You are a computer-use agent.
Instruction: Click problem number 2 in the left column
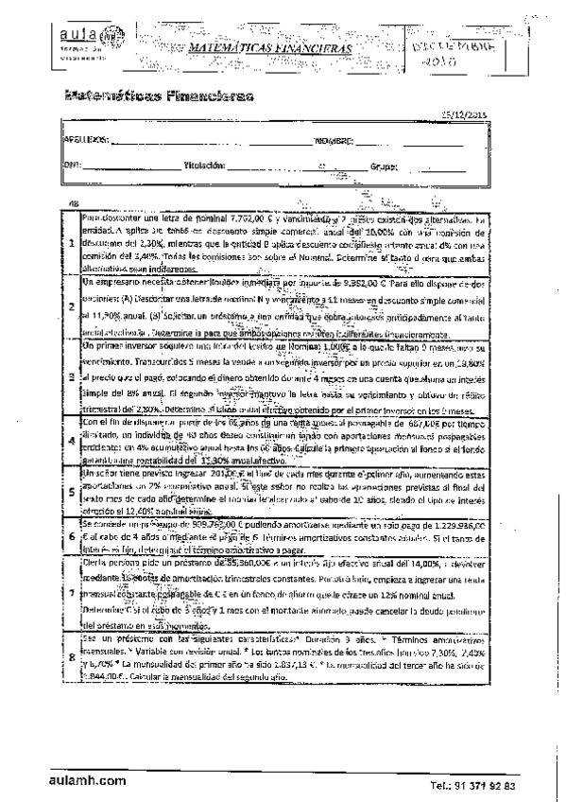[x=72, y=306]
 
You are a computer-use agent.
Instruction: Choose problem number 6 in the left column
[x=72, y=535]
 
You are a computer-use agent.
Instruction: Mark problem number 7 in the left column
[x=72, y=592]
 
